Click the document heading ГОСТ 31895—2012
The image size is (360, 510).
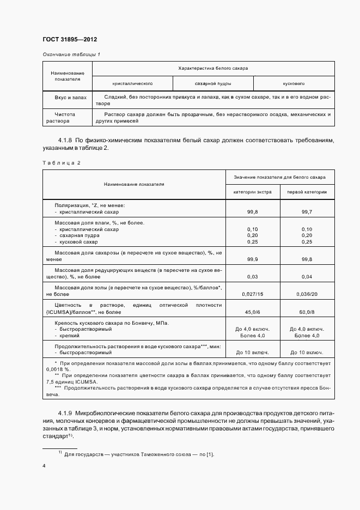coord(70,39)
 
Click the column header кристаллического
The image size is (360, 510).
coord(132,84)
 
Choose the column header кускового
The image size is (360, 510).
coord(294,84)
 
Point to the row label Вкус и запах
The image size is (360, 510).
coord(68,96)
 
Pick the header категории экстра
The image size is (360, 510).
coord(252,192)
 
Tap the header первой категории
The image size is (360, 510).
coord(307,192)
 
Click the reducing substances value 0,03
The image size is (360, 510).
coord(252,277)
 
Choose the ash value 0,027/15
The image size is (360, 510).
coord(252,294)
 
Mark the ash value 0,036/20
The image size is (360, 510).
coord(307,294)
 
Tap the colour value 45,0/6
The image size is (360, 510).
coord(252,312)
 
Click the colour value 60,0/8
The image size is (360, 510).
coord(307,312)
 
